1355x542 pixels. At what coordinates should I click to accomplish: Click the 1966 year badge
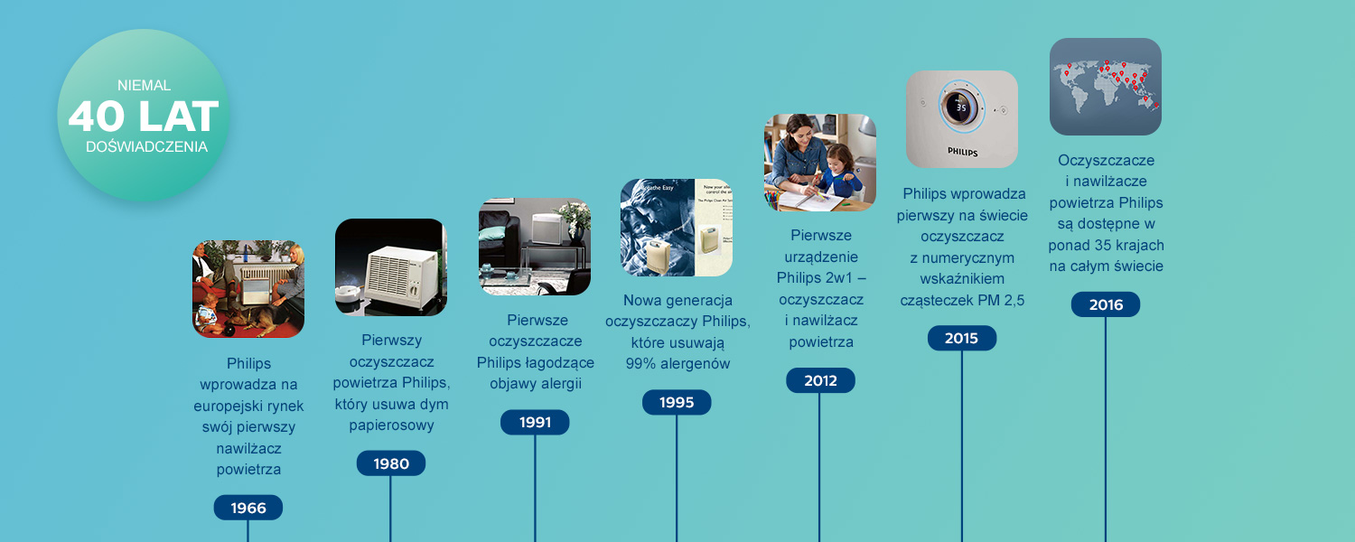tap(248, 508)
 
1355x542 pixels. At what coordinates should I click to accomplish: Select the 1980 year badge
tap(391, 463)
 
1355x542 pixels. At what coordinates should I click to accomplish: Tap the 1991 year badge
tap(535, 422)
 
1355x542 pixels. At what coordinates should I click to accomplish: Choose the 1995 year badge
tap(677, 402)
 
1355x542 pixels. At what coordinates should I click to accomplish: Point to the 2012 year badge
tap(820, 380)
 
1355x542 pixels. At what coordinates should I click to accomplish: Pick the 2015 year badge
tap(962, 338)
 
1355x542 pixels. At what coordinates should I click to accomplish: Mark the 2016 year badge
tap(1105, 304)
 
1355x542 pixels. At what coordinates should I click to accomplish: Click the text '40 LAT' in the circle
tap(144, 117)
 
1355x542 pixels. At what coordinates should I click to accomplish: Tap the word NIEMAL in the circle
tap(144, 85)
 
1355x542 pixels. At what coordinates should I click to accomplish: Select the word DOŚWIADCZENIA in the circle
tap(146, 146)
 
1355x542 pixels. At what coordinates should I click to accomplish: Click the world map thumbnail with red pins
tap(1105, 87)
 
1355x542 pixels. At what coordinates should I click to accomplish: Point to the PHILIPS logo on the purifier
tap(962, 152)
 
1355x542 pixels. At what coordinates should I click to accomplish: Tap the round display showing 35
tap(961, 107)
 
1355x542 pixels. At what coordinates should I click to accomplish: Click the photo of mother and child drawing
tap(819, 163)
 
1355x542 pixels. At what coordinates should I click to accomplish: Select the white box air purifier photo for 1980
tap(391, 267)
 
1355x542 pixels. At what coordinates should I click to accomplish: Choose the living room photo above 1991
tap(535, 247)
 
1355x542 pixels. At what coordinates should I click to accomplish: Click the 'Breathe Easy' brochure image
tap(677, 228)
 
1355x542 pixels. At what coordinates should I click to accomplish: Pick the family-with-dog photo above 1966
tap(248, 289)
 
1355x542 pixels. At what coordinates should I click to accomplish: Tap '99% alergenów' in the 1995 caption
tap(677, 363)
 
